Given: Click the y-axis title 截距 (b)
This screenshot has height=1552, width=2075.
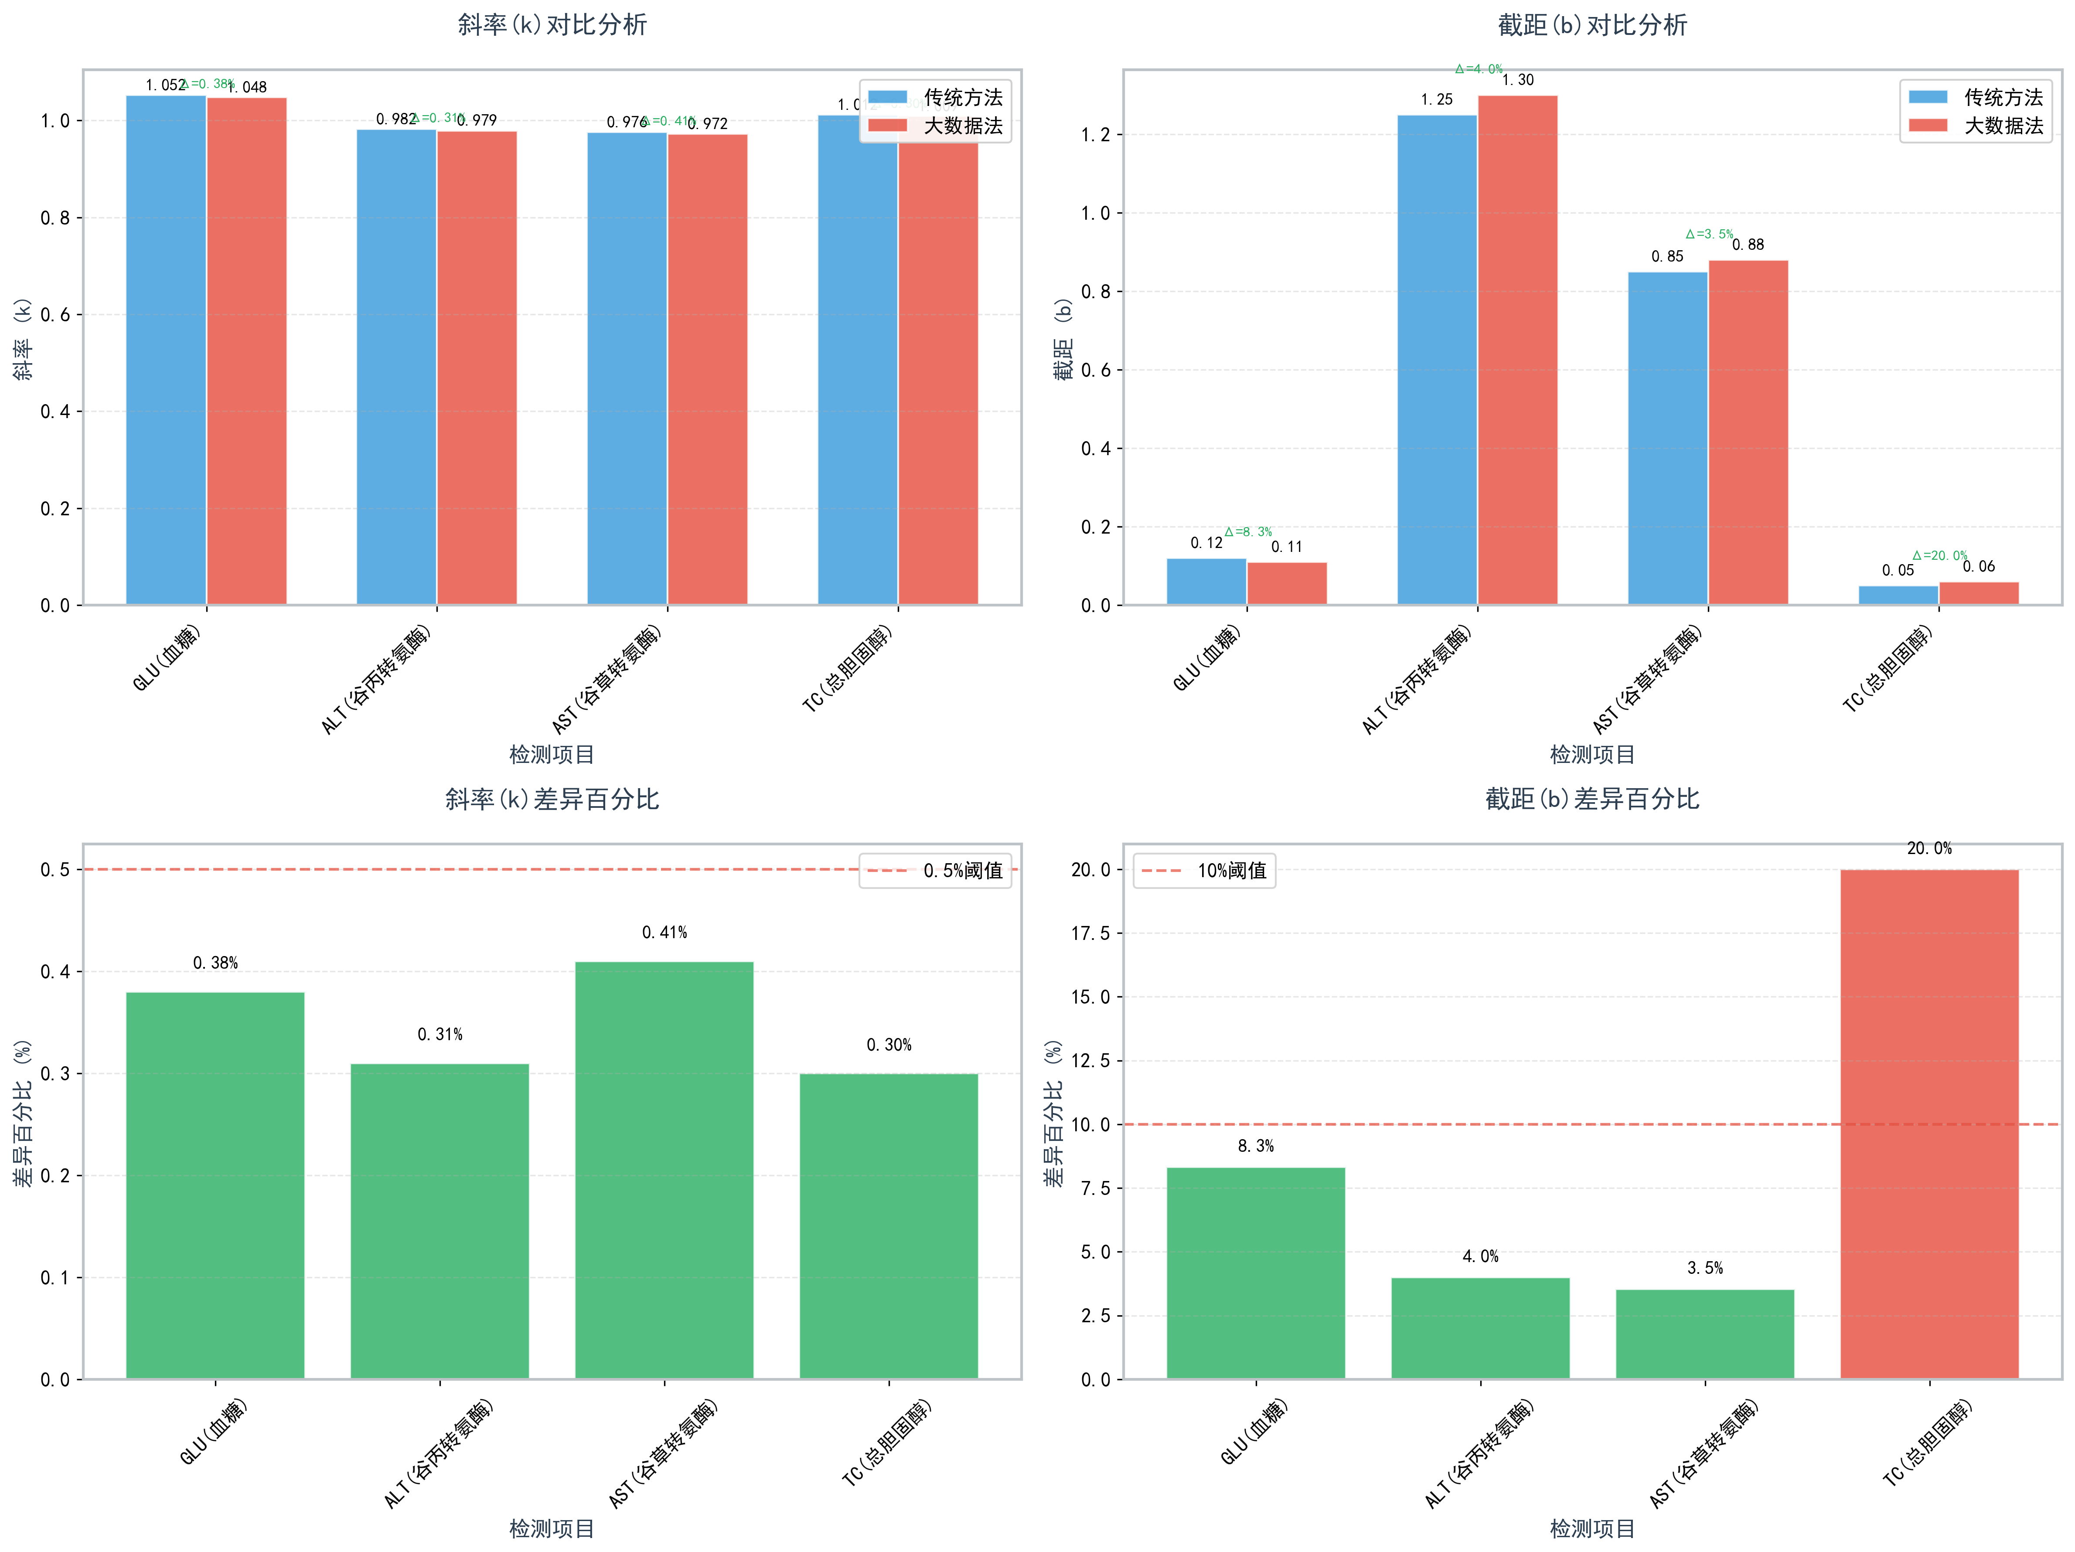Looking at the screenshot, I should [1063, 340].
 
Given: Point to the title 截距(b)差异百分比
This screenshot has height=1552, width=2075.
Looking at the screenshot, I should [1592, 799].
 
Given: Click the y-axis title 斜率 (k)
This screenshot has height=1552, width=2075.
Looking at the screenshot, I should [23, 340].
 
